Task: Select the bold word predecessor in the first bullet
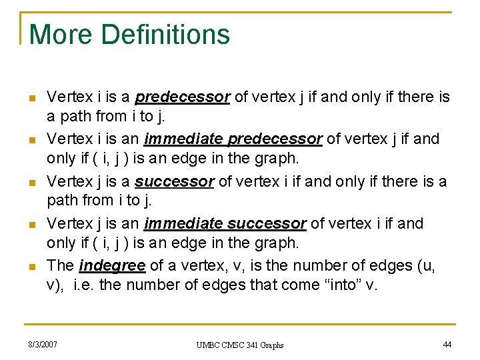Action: coord(182,97)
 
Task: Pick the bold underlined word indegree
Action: coord(112,265)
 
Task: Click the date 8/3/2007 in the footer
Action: coord(43,344)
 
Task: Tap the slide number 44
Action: coord(447,344)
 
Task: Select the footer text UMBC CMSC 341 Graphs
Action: coord(240,345)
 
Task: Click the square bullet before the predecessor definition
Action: coord(32,99)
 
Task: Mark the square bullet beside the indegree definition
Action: coord(32,267)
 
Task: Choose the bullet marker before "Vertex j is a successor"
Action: coord(32,183)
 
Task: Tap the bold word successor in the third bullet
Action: coord(174,181)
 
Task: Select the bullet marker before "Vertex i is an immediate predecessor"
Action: coord(32,141)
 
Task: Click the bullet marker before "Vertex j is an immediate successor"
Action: coord(32,225)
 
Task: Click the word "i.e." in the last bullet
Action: coord(86,285)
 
